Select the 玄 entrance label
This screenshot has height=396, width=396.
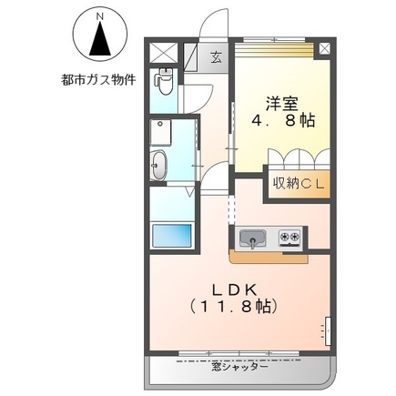coord(217,56)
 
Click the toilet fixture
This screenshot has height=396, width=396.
coord(164,83)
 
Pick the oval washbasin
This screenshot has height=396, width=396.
coord(160,167)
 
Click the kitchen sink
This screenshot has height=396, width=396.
coord(252,239)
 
